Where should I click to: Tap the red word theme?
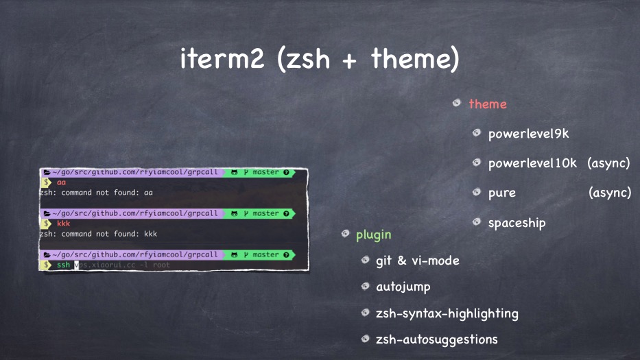[x=488, y=104]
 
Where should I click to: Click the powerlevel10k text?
[x=532, y=164]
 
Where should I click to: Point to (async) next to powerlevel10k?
[x=608, y=164]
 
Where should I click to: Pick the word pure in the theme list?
[x=501, y=193]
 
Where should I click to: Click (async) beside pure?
[x=610, y=193]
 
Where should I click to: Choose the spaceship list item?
[x=517, y=223]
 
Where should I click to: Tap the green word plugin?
[x=373, y=235]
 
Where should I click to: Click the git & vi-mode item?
[x=417, y=261]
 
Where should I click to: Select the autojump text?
[x=403, y=287]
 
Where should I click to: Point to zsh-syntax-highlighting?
[x=447, y=313]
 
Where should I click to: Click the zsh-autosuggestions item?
[x=436, y=339]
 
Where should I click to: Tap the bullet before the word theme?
[x=456, y=104]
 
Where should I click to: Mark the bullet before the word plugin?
[x=346, y=235]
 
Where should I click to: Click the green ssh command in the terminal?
[x=63, y=265]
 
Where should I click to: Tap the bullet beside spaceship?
[x=476, y=222]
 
